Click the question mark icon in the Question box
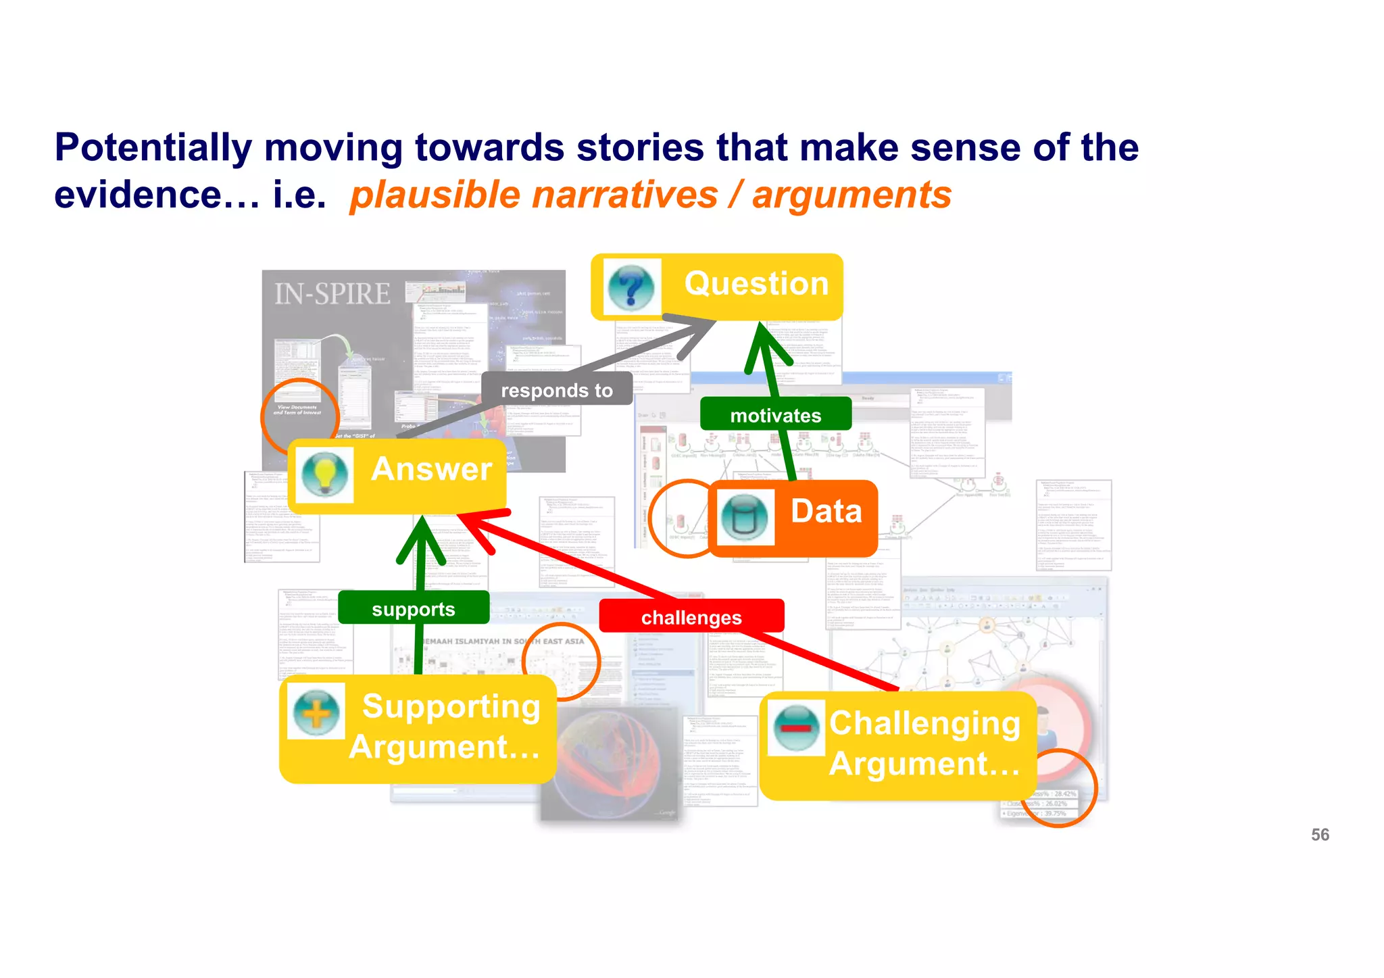point(631,287)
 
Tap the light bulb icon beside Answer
point(325,473)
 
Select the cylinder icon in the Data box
point(745,517)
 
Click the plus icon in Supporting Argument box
point(316,712)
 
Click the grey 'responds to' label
point(557,390)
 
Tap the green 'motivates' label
point(775,415)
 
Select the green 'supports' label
point(413,609)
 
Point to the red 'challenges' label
point(691,617)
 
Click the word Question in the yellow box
point(756,283)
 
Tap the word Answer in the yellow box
point(431,469)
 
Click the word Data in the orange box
point(826,511)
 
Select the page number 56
point(1319,835)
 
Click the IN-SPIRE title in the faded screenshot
point(332,294)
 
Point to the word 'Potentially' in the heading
point(153,147)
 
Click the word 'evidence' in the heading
point(138,195)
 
